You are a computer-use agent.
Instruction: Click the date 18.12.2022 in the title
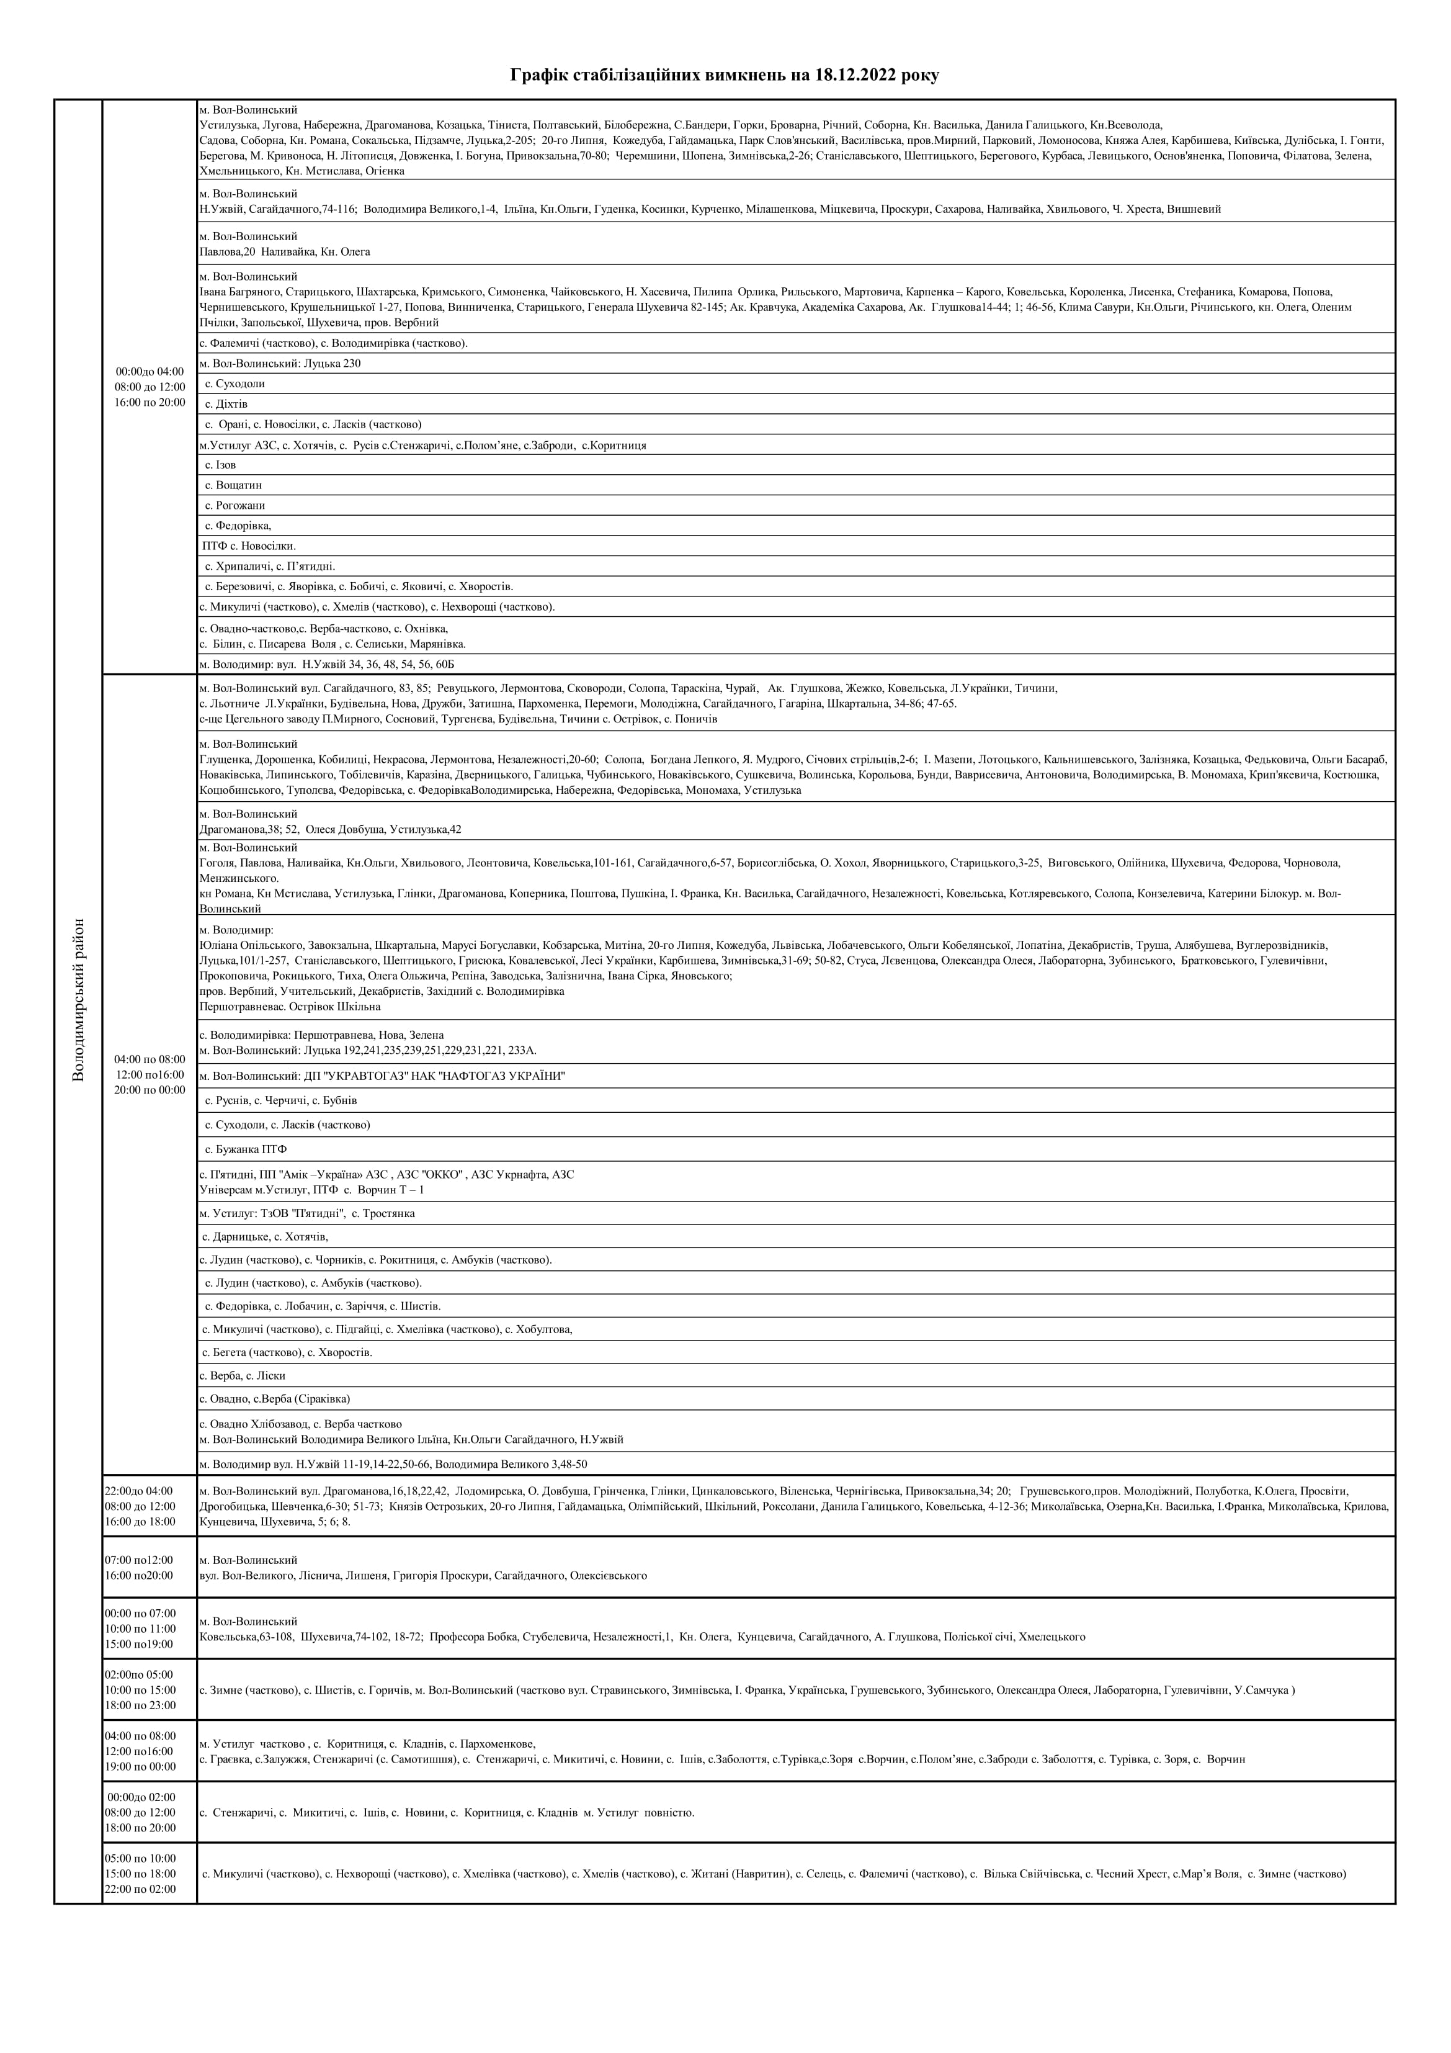(x=857, y=75)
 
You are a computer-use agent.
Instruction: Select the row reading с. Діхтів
(x=226, y=404)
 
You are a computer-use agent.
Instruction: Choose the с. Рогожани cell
(x=235, y=505)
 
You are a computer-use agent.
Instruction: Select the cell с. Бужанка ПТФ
(x=246, y=1149)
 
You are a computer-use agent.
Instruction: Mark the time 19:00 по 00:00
(x=140, y=1766)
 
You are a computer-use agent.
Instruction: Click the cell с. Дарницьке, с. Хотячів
(x=266, y=1237)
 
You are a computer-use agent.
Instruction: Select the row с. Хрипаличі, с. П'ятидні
(x=270, y=566)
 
